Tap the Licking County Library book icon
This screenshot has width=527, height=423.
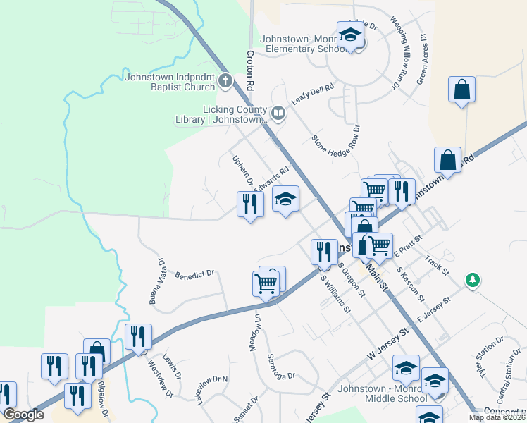278,114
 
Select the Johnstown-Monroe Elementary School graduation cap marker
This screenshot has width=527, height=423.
349,35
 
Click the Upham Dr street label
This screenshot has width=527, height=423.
243,171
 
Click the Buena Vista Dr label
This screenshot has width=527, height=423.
156,281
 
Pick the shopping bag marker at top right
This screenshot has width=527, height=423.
461,90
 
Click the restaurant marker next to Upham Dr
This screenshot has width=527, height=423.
249,204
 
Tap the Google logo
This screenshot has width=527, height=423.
23,415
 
